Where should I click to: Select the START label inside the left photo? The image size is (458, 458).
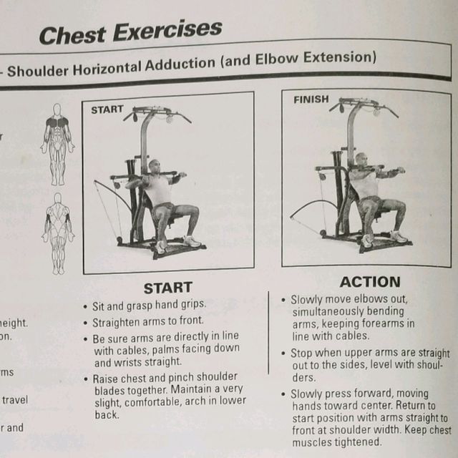click(x=107, y=111)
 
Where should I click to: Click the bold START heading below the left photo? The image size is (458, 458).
click(x=167, y=288)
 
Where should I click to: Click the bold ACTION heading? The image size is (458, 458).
click(x=369, y=282)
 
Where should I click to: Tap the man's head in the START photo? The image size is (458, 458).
click(x=155, y=167)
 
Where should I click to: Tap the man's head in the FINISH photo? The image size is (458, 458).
click(x=361, y=160)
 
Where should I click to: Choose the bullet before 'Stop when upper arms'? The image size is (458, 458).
click(x=284, y=354)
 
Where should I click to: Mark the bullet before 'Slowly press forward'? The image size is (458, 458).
click(x=284, y=394)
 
